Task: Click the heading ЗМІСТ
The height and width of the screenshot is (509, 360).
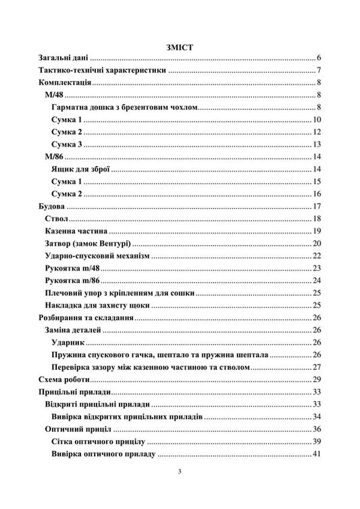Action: pos(180,47)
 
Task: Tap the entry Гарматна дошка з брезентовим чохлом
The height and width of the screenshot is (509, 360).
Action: pos(125,108)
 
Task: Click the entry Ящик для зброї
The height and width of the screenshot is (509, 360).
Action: pos(80,169)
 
